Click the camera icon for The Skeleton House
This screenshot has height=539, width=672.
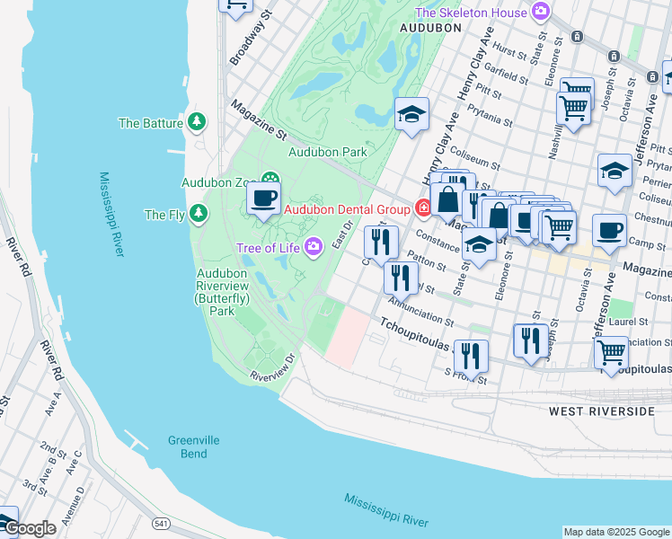point(540,12)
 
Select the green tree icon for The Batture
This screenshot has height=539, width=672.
point(197,123)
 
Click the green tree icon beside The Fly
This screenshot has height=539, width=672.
point(197,214)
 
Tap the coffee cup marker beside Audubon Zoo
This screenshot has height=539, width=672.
point(263,198)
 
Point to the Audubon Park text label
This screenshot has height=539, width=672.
point(327,153)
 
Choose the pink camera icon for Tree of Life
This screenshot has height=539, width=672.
point(314,246)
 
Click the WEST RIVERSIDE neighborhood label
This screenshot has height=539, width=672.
point(601,411)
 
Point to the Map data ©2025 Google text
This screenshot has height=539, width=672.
point(615,532)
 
